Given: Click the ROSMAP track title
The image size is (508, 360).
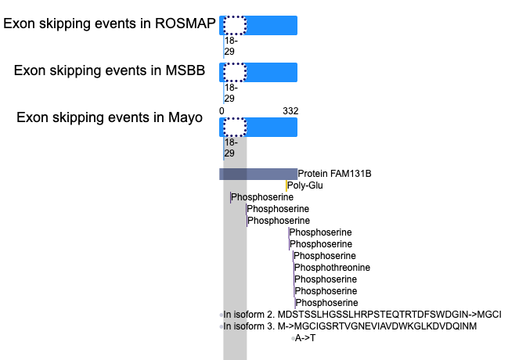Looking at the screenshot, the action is (109, 23).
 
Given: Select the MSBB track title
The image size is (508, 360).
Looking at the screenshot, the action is (109, 70).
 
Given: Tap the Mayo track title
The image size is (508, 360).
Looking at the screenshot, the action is (109, 117).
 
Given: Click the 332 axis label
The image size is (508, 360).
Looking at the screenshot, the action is (290, 111).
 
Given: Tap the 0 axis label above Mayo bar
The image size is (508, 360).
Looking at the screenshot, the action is (222, 111).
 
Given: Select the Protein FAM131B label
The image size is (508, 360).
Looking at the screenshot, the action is (334, 174).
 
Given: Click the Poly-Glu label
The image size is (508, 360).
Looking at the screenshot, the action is (304, 185).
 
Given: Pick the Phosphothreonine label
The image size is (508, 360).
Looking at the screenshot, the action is (332, 268).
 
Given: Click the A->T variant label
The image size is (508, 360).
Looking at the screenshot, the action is (304, 338).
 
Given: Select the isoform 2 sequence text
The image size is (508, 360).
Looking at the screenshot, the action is (362, 315).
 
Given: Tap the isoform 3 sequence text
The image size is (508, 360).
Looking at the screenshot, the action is (350, 326).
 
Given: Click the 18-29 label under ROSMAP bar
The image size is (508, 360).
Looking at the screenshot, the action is (231, 46).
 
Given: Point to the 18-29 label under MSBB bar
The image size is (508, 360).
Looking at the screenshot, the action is (231, 93).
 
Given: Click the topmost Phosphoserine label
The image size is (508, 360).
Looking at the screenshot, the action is (262, 197).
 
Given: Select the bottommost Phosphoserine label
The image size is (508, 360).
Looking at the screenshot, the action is (327, 303).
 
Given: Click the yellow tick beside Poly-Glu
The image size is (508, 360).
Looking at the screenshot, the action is (286, 185).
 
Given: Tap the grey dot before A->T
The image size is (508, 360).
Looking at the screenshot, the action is (293, 339).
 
